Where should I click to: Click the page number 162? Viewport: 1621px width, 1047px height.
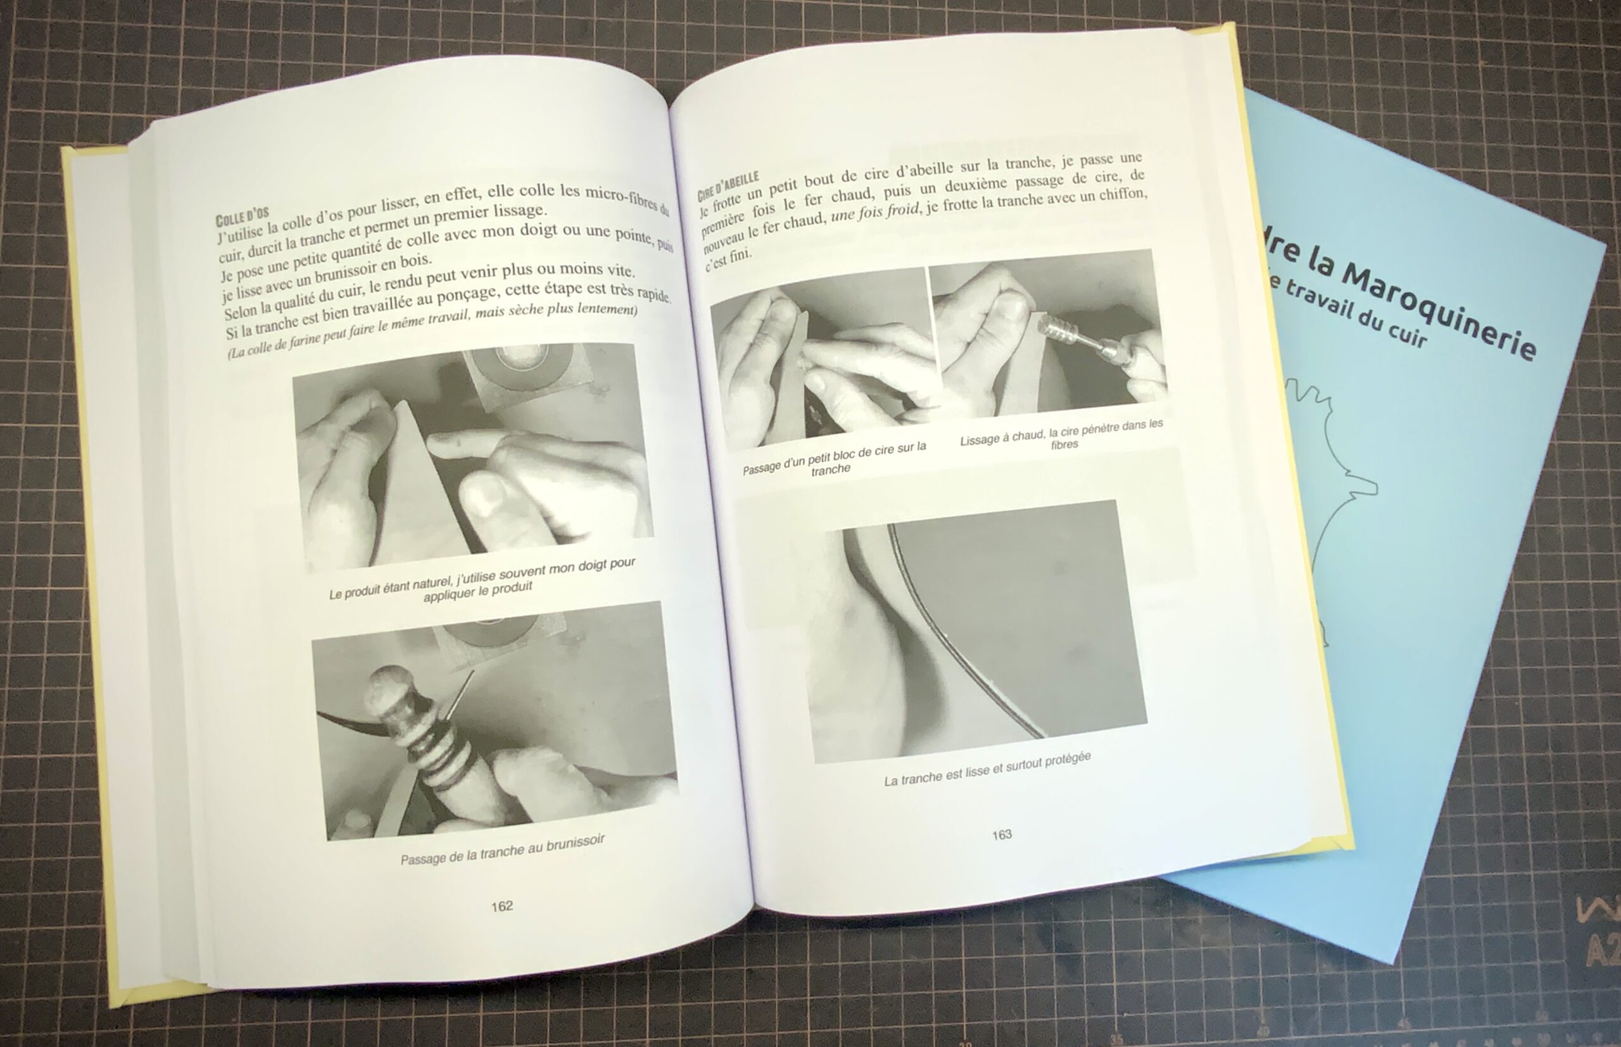tap(501, 906)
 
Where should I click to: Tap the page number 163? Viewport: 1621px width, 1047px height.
tap(1002, 834)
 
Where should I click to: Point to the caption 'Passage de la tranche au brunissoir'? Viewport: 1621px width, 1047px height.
tap(503, 850)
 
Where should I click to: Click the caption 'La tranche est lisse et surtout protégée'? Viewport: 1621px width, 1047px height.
tap(987, 770)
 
